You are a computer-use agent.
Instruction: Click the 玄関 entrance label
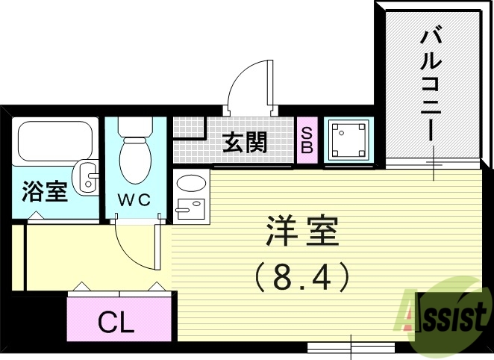pyautogui.click(x=244, y=141)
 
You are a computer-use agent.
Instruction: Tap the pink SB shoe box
pyautogui.click(x=306, y=140)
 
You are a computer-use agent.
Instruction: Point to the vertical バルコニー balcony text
pyautogui.click(x=431, y=83)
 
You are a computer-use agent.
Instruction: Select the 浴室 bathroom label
pyautogui.click(x=44, y=191)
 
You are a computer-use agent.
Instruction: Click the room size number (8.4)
pyautogui.click(x=302, y=279)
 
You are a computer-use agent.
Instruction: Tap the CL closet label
pyautogui.click(x=117, y=323)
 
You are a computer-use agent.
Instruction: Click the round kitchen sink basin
pyautogui.click(x=192, y=183)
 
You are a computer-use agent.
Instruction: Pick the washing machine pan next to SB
pyautogui.click(x=348, y=140)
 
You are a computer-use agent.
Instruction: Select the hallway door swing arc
pyautogui.click(x=134, y=243)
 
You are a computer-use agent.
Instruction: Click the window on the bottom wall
pyautogui.click(x=351, y=347)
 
